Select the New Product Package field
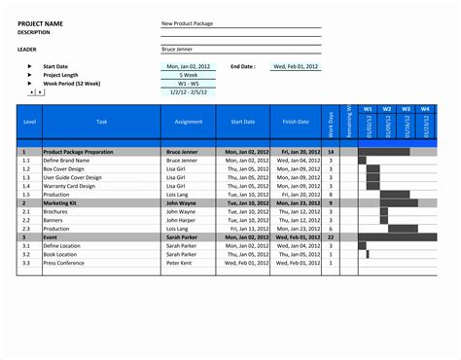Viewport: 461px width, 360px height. tap(189, 22)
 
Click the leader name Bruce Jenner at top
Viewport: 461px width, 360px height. tap(182, 47)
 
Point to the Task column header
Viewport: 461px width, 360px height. tap(102, 122)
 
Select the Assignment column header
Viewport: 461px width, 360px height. tap(188, 122)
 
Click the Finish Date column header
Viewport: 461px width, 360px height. tap(296, 122)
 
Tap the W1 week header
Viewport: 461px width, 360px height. tap(368, 109)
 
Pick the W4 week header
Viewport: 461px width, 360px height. tap(424, 109)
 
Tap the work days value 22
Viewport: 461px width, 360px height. tap(331, 236)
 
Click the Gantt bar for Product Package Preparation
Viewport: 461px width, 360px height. tap(385, 152)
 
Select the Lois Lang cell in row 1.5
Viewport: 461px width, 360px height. tap(178, 194)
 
